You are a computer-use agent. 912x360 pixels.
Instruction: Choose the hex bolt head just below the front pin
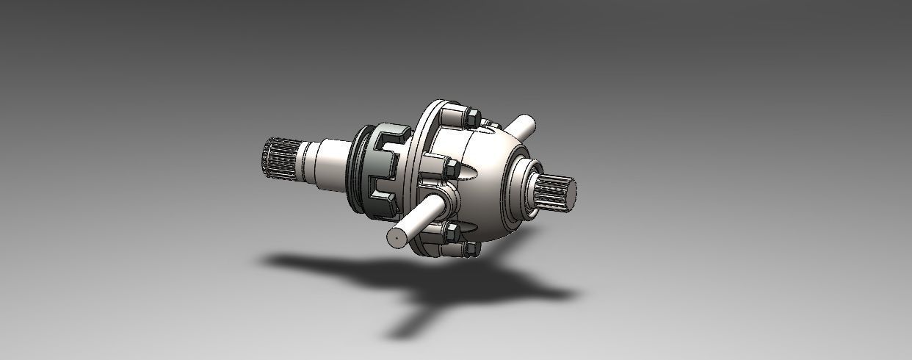(450, 233)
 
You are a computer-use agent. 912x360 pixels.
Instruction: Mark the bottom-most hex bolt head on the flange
(470, 248)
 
